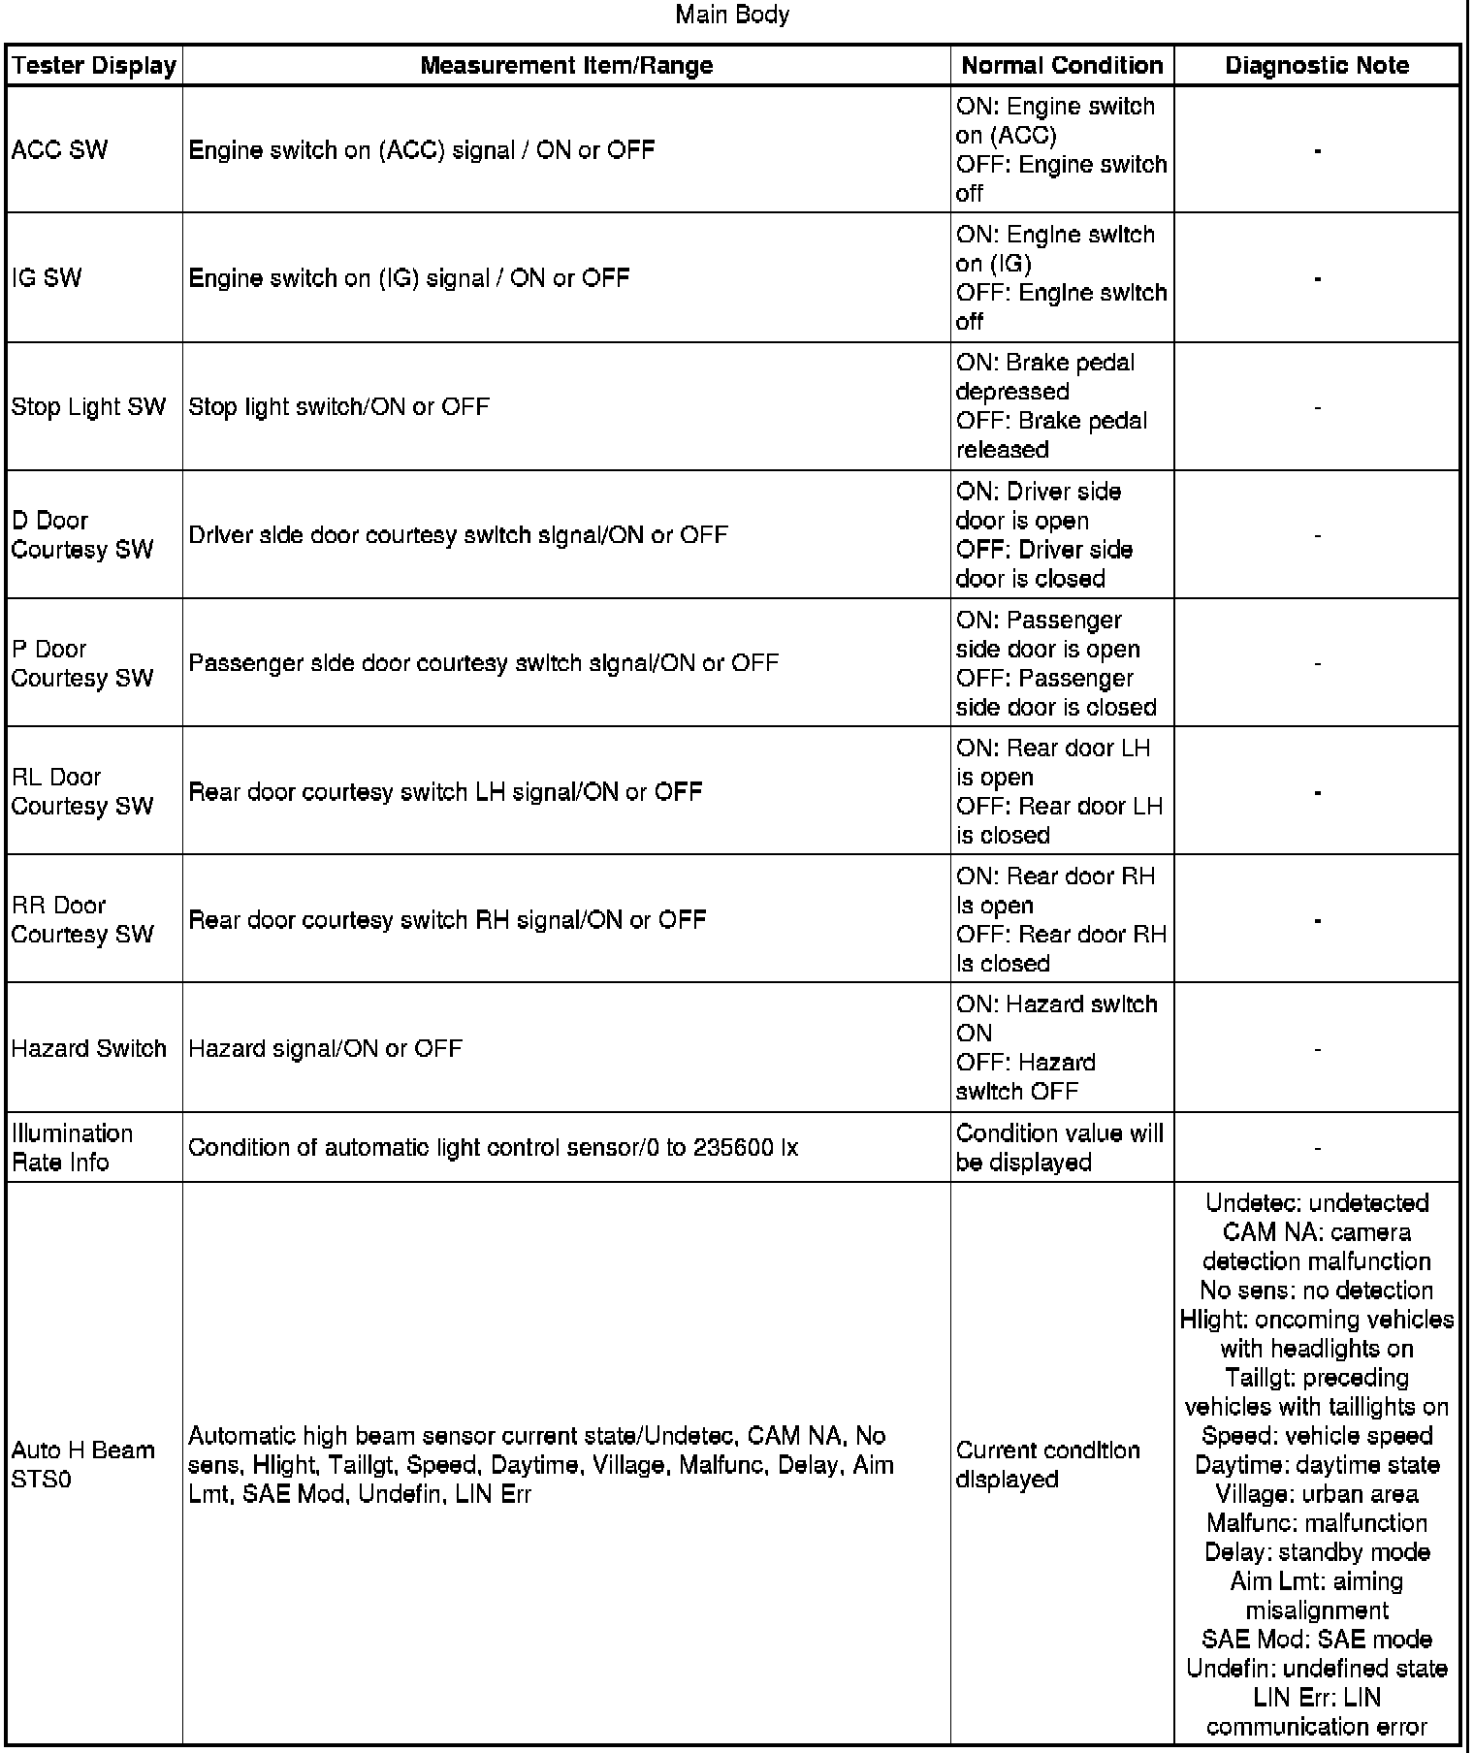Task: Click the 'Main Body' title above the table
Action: pos(732,15)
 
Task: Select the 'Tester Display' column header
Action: pos(94,66)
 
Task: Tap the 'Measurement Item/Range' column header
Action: pos(566,66)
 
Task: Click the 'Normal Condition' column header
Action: pos(1062,66)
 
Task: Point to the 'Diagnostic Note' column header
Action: pos(1317,66)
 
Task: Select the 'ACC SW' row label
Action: pos(59,150)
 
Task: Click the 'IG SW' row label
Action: pos(47,278)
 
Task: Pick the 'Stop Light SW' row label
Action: pos(88,407)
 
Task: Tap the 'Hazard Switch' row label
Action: pos(88,1048)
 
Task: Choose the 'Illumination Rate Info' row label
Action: pos(72,1148)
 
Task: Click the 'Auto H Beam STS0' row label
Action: pos(82,1464)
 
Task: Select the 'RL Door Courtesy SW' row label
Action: pos(81,791)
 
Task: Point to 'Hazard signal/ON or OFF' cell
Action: pos(325,1048)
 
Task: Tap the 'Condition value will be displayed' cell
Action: pos(1059,1148)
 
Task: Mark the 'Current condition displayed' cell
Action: pos(1047,1464)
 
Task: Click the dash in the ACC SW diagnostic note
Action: pos(1317,150)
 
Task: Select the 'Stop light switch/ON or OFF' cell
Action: pos(338,407)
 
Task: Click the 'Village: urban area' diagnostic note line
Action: pos(1317,1494)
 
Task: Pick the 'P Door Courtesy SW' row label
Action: pos(81,663)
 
